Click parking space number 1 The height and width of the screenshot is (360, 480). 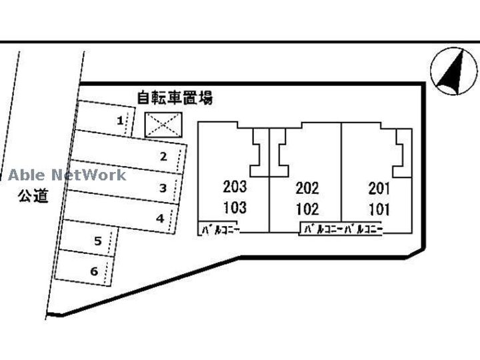[119, 121]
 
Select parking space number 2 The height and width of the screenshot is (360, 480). [162, 157]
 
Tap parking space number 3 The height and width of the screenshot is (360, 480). [162, 188]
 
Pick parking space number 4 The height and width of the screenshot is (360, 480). [159, 217]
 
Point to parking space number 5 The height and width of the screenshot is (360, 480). [97, 241]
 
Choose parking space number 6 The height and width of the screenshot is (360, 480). [94, 271]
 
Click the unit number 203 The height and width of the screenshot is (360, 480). [235, 187]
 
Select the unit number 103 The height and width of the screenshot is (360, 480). [235, 208]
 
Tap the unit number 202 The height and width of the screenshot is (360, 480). [307, 189]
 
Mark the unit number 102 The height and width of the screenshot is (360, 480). [307, 209]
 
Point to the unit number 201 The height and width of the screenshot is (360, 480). [379, 189]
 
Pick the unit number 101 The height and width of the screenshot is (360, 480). [379, 209]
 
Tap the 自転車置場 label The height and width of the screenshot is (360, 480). [174, 98]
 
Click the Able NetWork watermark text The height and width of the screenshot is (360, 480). [67, 175]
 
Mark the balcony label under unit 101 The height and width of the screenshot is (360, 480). [361, 231]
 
